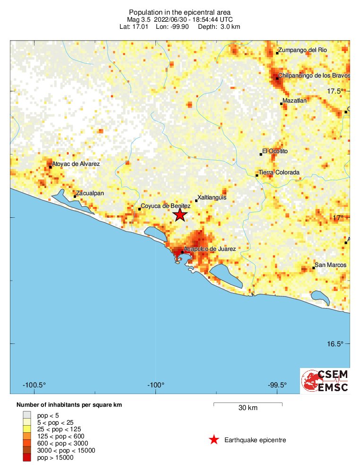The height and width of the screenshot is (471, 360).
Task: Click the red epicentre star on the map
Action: [180, 215]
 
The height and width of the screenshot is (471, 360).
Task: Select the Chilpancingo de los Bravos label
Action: [314, 76]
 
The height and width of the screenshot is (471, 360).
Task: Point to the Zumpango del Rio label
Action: [303, 50]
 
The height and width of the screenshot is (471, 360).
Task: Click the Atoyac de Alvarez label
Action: [76, 163]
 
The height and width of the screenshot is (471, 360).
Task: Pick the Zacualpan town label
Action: [90, 193]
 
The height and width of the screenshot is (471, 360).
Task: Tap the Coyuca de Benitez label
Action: [165, 206]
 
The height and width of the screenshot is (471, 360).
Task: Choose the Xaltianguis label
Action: [212, 197]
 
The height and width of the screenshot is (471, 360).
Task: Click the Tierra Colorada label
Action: [279, 172]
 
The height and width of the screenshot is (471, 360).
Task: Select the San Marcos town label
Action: [330, 265]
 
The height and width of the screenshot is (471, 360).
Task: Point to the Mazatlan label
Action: [294, 101]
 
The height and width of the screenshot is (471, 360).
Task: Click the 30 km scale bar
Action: [248, 404]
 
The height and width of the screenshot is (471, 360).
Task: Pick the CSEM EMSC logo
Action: [325, 381]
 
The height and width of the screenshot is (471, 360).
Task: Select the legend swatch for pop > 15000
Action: [26, 457]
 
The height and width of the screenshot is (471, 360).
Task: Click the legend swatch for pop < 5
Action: [26, 415]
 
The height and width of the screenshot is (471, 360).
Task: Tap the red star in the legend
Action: [214, 440]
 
